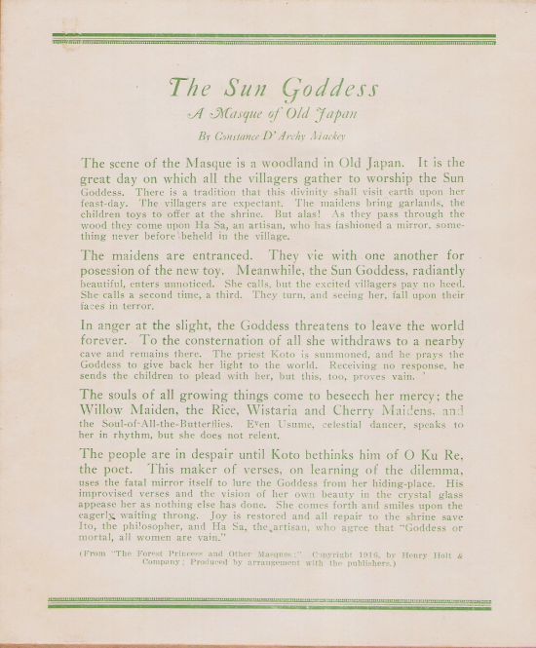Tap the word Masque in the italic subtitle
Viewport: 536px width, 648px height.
[x=250, y=113]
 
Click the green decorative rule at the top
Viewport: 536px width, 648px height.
[x=273, y=39]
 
